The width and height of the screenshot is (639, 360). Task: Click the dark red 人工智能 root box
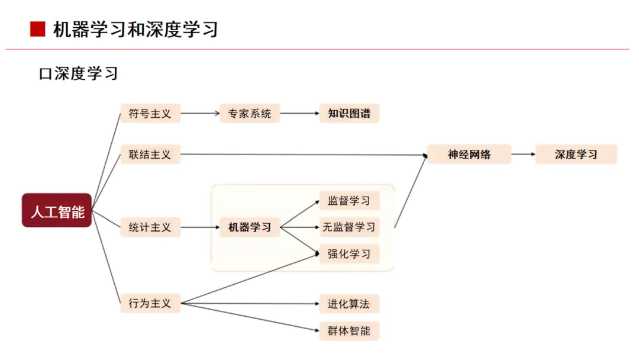point(57,210)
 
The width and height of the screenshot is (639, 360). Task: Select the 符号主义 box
point(150,113)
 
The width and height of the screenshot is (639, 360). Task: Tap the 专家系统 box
point(250,113)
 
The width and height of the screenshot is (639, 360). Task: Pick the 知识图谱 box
point(349,113)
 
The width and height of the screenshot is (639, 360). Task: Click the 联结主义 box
point(150,155)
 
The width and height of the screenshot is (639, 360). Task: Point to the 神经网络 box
point(469,155)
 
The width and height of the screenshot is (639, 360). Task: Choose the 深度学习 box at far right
point(576,155)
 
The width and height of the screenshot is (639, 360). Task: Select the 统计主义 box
point(150,227)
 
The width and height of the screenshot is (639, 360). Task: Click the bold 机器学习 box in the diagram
point(250,227)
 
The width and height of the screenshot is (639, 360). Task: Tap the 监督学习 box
point(349,201)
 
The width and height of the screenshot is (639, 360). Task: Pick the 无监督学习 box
point(349,227)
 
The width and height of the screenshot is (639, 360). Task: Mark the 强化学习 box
point(349,254)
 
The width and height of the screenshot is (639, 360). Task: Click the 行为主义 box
point(150,303)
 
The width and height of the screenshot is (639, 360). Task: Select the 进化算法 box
point(349,304)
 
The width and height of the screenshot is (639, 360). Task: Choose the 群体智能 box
point(349,330)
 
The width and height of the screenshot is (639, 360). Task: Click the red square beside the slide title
point(37,30)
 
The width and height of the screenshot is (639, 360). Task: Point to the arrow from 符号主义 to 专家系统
point(200,113)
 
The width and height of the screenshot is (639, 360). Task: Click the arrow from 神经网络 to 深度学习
point(523,155)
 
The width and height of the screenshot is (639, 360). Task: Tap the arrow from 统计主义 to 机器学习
point(200,227)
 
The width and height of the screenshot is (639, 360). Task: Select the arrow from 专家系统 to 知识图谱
point(299,113)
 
